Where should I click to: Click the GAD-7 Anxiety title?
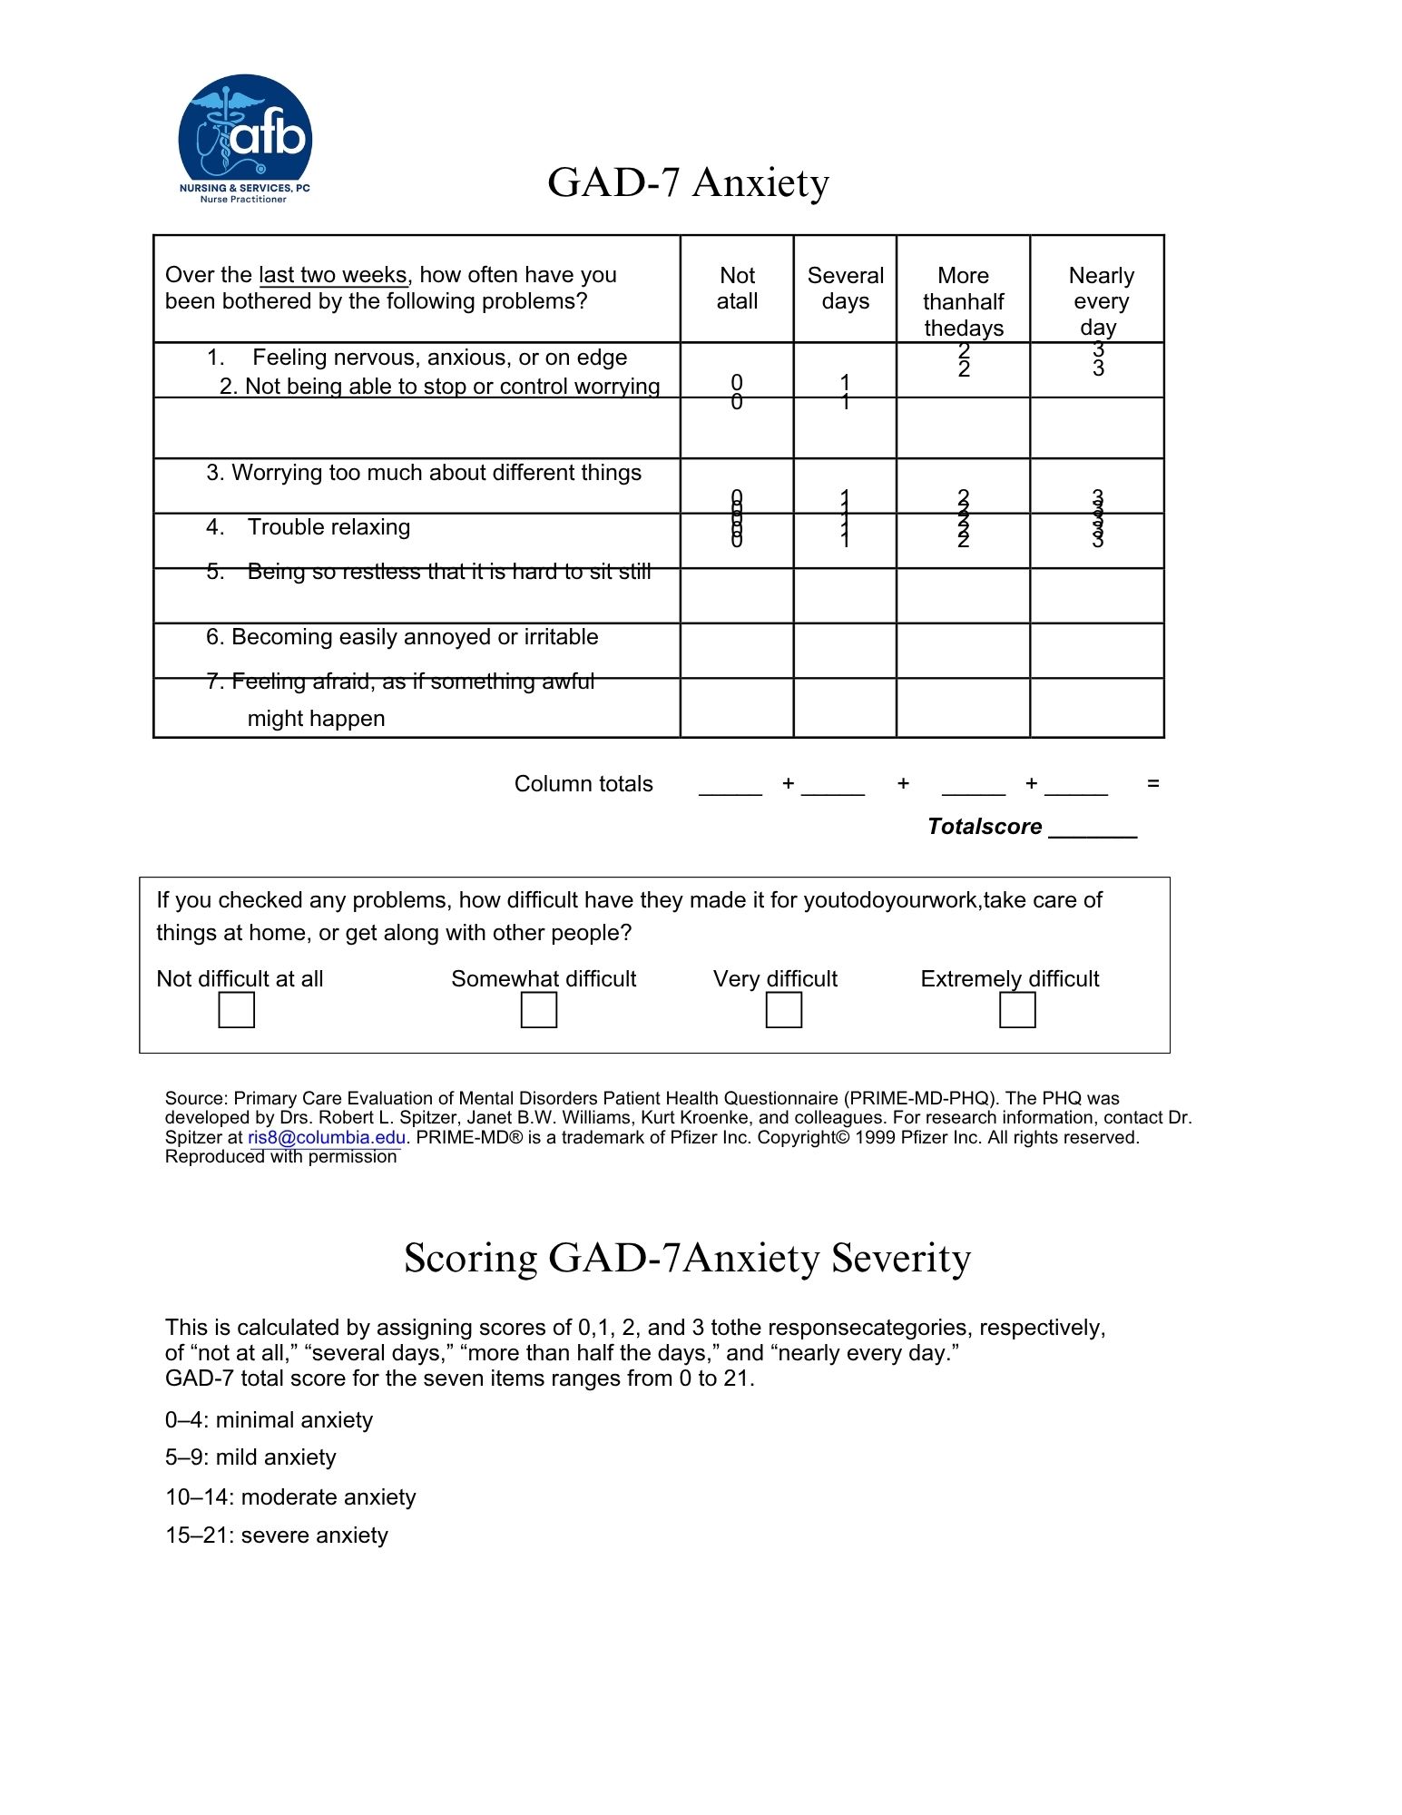[688, 182]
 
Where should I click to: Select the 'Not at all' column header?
[737, 288]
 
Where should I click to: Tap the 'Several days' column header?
[845, 288]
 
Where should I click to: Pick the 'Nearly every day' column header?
[1100, 300]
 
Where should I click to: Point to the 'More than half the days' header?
[963, 301]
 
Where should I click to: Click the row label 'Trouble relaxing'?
[328, 527]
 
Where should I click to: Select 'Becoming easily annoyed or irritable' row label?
[402, 637]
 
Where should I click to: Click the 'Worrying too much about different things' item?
[424, 473]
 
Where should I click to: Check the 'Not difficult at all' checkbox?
[237, 1010]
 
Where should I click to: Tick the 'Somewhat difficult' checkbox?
[539, 1010]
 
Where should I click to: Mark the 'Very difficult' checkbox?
[784, 1010]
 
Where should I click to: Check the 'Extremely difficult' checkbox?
[1017, 1010]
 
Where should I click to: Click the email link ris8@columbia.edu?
[327, 1138]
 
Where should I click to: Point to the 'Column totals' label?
[583, 784]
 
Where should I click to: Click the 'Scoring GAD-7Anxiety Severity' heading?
[687, 1258]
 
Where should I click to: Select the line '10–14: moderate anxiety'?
[290, 1497]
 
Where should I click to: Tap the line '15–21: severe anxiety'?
[277, 1535]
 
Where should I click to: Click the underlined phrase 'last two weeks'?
[334, 275]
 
